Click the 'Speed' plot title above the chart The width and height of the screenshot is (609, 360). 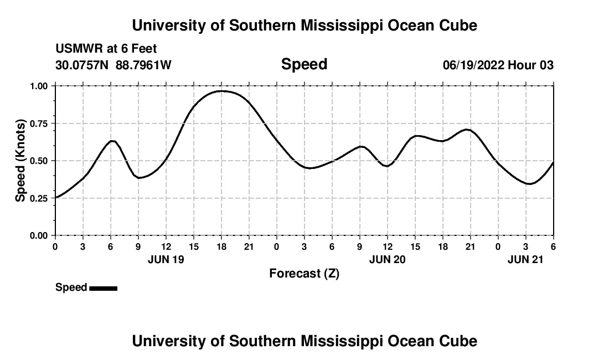coord(304,64)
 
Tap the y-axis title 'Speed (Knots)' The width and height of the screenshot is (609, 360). coord(20,161)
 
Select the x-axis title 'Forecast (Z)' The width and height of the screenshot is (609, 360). coord(304,274)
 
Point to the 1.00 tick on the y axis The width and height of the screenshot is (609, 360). coord(39,86)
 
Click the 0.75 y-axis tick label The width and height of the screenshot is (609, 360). coord(39,124)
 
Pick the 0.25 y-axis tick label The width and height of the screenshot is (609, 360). coord(39,198)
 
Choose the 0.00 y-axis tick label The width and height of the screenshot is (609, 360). coord(39,236)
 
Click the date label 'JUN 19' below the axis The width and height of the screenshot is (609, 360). coord(166,259)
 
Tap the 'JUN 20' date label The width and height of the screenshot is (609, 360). coord(388,259)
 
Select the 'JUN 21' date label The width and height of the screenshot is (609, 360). coord(526,259)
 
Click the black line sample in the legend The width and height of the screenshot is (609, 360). coord(103,288)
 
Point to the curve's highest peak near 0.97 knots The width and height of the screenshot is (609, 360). coord(221,91)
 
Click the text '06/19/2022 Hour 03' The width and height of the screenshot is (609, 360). coord(498,65)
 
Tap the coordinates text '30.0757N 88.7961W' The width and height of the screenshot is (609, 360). coord(113,65)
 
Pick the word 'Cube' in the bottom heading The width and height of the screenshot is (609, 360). coord(460,341)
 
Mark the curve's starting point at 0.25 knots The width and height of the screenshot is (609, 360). coord(55,198)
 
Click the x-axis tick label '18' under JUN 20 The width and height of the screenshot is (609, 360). coord(443,246)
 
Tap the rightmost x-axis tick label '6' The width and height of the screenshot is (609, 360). coord(553,246)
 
